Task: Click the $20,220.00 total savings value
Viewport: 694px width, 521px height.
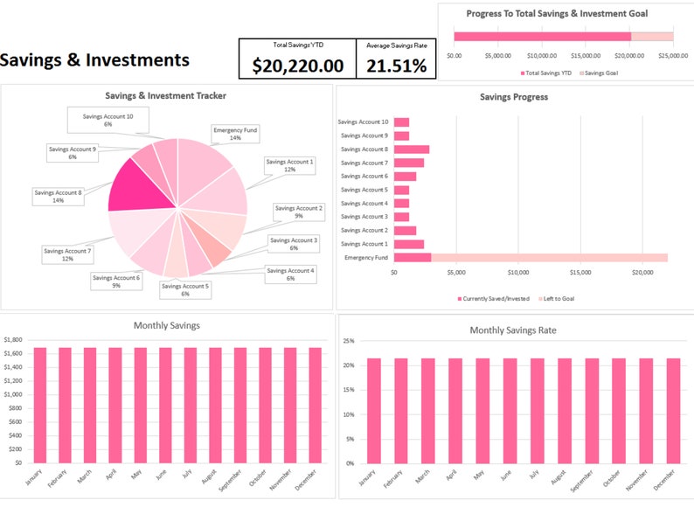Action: pyautogui.click(x=297, y=66)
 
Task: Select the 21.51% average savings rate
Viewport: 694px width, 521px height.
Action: pyautogui.click(x=396, y=66)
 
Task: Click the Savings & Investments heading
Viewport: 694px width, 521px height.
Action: pyautogui.click(x=94, y=59)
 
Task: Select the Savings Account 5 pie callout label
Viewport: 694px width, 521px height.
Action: pyautogui.click(x=184, y=289)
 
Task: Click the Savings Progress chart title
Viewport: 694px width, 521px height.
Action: pyautogui.click(x=514, y=97)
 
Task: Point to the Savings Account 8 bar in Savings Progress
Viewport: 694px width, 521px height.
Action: pyautogui.click(x=411, y=149)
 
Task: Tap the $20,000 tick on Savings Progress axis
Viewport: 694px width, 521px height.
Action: pyautogui.click(x=642, y=272)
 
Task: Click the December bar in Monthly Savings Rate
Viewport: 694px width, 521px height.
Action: pyautogui.click(x=673, y=410)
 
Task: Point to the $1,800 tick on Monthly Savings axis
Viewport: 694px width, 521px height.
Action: pyautogui.click(x=12, y=339)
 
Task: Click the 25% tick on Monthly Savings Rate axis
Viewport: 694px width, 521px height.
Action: pyautogui.click(x=349, y=340)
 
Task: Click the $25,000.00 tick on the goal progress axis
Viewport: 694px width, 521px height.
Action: pyautogui.click(x=673, y=55)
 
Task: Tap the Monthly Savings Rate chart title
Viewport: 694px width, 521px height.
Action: pyautogui.click(x=513, y=330)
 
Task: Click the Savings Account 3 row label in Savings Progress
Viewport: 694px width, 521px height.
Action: pyautogui.click(x=364, y=217)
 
